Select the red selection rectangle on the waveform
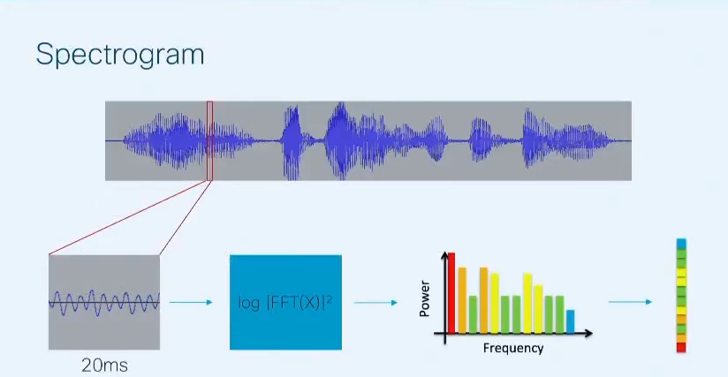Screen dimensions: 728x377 210,102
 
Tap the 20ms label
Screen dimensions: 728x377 104,366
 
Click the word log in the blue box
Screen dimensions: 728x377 249,303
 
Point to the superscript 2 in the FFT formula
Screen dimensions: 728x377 330,299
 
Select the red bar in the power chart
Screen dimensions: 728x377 451,293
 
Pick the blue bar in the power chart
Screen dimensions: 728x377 570,321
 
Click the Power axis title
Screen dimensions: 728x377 424,298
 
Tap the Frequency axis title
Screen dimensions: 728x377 513,348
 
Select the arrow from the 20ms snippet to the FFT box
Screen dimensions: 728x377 191,302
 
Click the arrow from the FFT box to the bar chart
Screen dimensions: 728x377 375,303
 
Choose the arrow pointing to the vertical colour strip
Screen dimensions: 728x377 630,302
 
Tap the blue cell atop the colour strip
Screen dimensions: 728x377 681,244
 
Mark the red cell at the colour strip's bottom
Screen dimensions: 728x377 681,347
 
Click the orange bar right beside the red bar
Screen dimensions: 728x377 462,300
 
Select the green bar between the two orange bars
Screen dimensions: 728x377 473,314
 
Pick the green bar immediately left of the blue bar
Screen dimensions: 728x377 559,314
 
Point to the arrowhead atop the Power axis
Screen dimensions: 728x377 444,255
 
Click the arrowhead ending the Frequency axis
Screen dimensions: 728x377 589,333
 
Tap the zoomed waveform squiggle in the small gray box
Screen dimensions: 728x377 104,303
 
